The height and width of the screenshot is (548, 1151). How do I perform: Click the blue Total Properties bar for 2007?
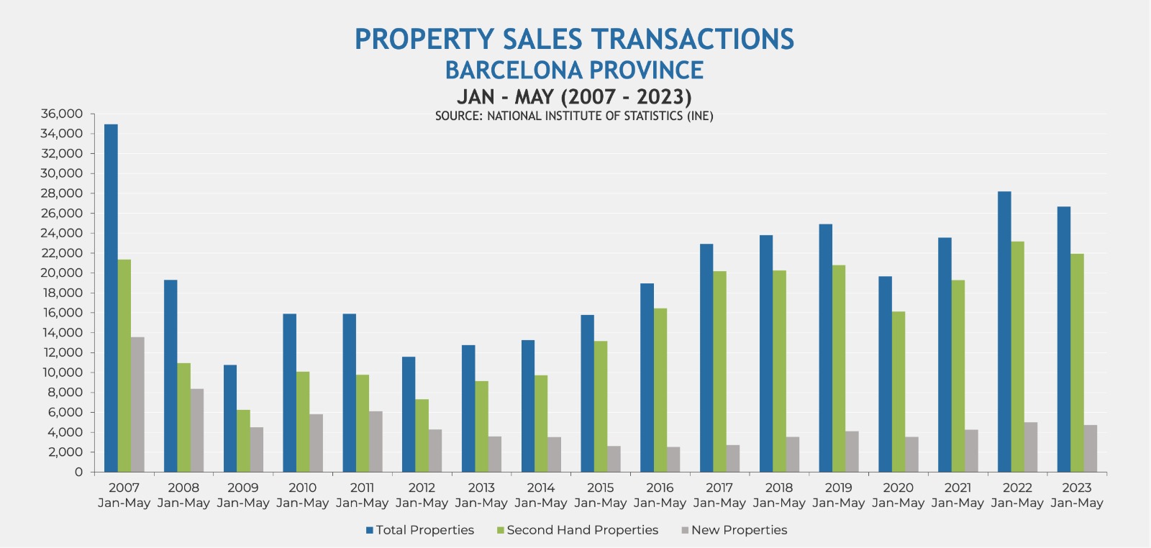pyautogui.click(x=111, y=298)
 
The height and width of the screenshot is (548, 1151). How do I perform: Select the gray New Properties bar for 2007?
pyautogui.click(x=137, y=404)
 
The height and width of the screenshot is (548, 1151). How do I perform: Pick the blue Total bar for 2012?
pyautogui.click(x=409, y=414)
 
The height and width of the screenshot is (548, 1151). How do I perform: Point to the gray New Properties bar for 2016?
pyautogui.click(x=673, y=460)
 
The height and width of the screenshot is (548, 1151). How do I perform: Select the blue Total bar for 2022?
pyautogui.click(x=1004, y=332)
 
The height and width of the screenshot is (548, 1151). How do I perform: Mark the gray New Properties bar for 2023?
pyautogui.click(x=1091, y=448)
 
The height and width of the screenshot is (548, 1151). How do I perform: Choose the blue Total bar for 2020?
pyautogui.click(x=885, y=374)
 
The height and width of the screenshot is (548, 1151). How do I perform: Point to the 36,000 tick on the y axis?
pyautogui.click(x=62, y=114)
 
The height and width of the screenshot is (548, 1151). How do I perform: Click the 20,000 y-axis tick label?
pyautogui.click(x=62, y=273)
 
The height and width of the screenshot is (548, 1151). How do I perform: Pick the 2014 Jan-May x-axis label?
pyautogui.click(x=541, y=495)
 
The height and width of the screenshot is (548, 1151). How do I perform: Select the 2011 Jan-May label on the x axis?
pyautogui.click(x=362, y=495)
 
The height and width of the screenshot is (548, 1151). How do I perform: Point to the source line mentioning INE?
pyautogui.click(x=574, y=116)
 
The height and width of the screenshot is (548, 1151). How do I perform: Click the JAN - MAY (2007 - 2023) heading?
pyautogui.click(x=574, y=96)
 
